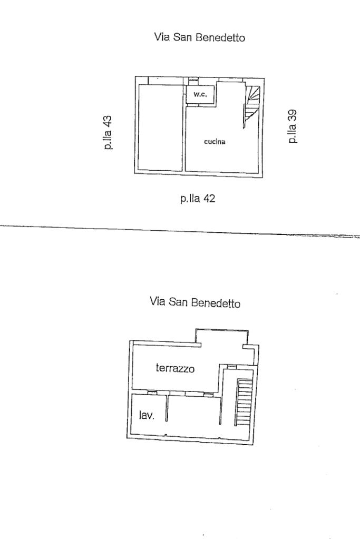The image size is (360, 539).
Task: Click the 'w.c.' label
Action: [200, 95]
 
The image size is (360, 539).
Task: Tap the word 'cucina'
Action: [215, 141]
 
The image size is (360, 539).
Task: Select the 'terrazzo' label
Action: [175, 368]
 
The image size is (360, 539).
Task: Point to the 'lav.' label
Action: [147, 416]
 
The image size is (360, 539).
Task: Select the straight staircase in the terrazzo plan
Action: [244, 403]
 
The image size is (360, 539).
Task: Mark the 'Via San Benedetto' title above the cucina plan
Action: [199, 37]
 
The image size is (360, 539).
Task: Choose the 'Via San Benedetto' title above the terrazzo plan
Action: [195, 303]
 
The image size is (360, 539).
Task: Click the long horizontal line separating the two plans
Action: [179, 229]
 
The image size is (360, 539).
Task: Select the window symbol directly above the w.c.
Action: [193, 80]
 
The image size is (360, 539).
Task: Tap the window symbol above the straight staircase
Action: [231, 367]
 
